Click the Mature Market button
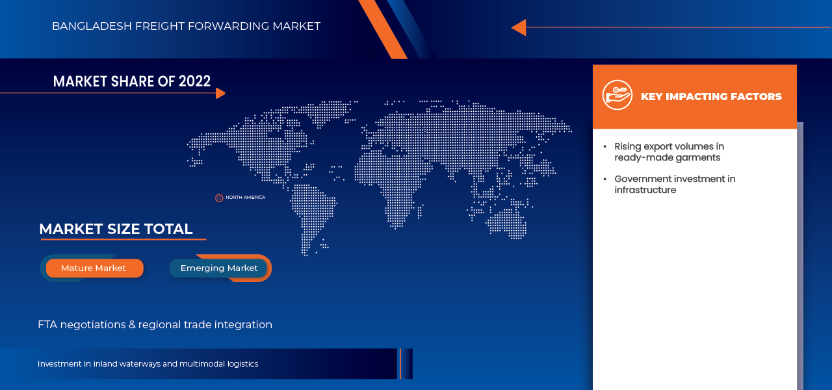pyautogui.click(x=94, y=268)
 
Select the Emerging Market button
pyautogui.click(x=219, y=268)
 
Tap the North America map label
pyautogui.click(x=245, y=198)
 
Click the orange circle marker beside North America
pyautogui.click(x=219, y=198)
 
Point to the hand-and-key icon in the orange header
pyautogui.click(x=617, y=96)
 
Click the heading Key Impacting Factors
pyautogui.click(x=711, y=96)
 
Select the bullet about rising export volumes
pyautogui.click(x=669, y=151)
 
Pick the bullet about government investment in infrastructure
pyautogui.click(x=675, y=184)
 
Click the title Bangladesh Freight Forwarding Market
pyautogui.click(x=186, y=26)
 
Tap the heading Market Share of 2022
pyautogui.click(x=132, y=81)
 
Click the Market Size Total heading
pyautogui.click(x=116, y=229)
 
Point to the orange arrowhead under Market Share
pyautogui.click(x=220, y=93)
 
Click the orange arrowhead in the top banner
pyautogui.click(x=518, y=27)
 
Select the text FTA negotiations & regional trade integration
pyautogui.click(x=155, y=324)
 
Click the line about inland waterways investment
pyautogui.click(x=148, y=364)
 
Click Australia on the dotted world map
pyautogui.click(x=507, y=221)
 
